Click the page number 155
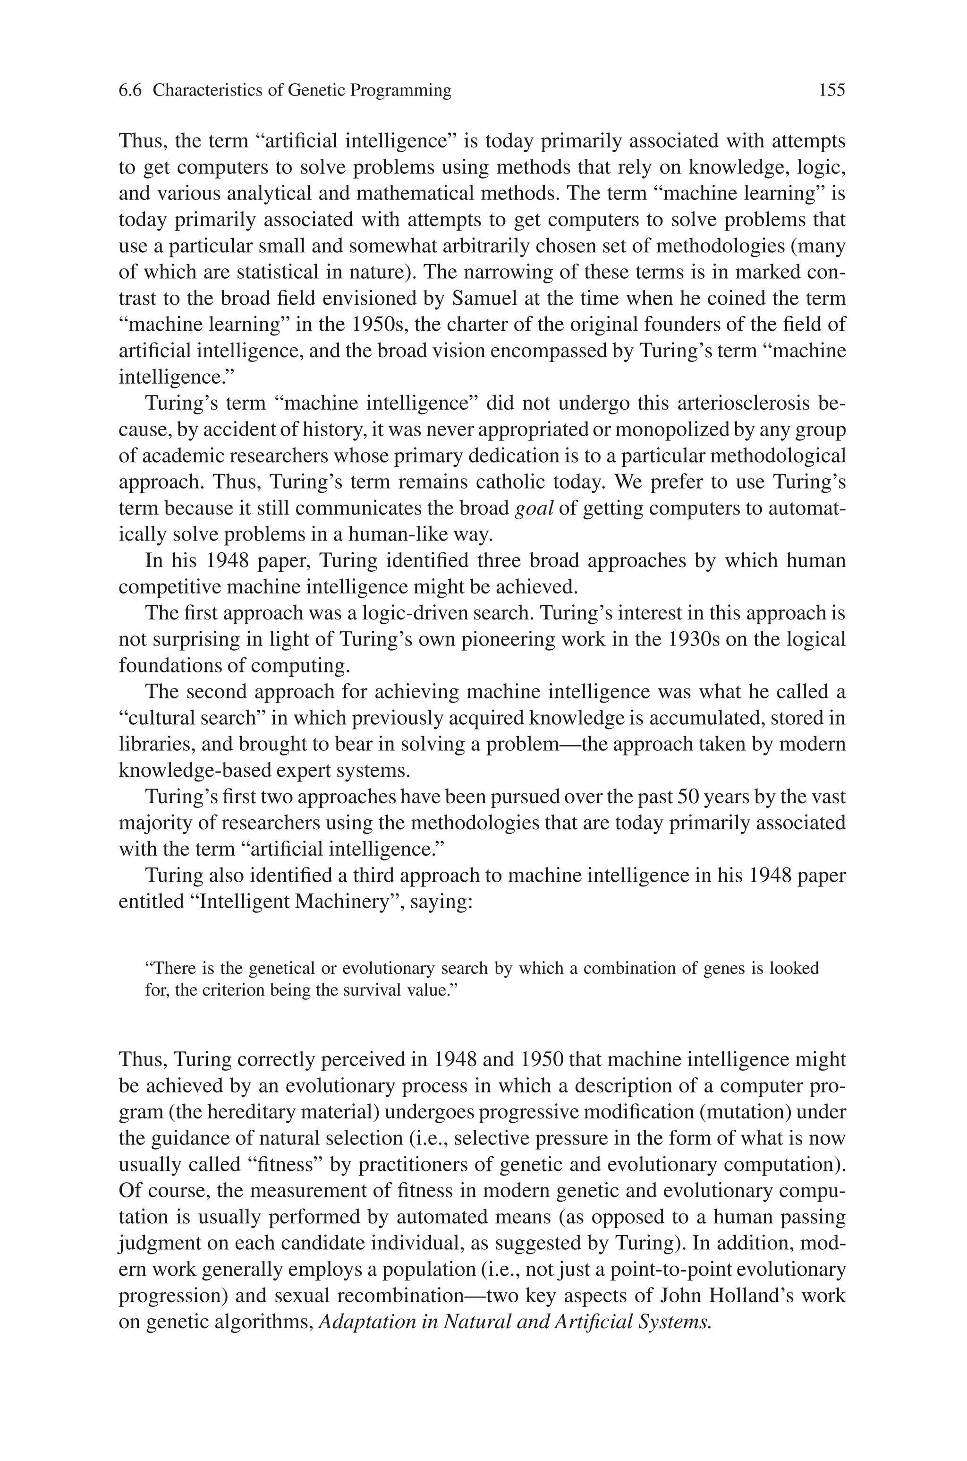(831, 91)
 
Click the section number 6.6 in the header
(130, 91)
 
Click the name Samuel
(485, 298)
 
